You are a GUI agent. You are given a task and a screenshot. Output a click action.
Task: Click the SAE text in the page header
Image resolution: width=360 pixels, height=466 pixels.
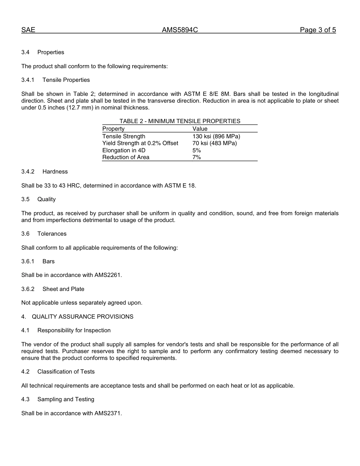pyautogui.click(x=28, y=30)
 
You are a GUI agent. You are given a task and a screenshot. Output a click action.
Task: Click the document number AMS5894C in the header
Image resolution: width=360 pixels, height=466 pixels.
pyautogui.click(x=180, y=30)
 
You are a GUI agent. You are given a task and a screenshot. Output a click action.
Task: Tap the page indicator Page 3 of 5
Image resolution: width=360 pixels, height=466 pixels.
pyautogui.click(x=318, y=30)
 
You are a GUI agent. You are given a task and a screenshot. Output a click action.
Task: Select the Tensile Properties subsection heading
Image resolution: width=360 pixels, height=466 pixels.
pyautogui.click(x=66, y=80)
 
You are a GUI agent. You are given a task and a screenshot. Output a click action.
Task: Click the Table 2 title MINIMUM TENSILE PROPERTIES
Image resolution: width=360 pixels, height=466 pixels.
pyautogui.click(x=180, y=121)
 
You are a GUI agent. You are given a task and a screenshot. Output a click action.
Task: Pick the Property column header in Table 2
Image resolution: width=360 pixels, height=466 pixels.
pyautogui.click(x=113, y=129)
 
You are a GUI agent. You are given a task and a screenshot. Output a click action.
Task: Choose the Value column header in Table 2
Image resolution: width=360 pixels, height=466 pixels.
pyautogui.click(x=200, y=129)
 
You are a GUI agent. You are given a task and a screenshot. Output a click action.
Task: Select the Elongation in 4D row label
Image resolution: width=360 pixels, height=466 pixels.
pyautogui.click(x=124, y=150)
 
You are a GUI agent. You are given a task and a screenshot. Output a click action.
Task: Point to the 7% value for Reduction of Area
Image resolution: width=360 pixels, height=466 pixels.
pyautogui.click(x=196, y=157)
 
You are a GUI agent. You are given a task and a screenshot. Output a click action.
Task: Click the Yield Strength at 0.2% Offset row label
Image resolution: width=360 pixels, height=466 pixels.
pyautogui.click(x=140, y=143)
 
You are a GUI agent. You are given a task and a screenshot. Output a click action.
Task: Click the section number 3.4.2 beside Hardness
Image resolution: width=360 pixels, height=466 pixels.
pyautogui.click(x=28, y=172)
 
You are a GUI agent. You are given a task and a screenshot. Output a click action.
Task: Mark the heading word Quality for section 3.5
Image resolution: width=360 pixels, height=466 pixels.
pyautogui.click(x=46, y=199)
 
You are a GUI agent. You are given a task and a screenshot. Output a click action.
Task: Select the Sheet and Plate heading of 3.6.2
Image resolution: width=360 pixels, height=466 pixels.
pyautogui.click(x=63, y=289)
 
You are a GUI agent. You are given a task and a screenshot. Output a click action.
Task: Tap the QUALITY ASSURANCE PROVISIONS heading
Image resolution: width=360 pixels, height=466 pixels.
pyautogui.click(x=82, y=317)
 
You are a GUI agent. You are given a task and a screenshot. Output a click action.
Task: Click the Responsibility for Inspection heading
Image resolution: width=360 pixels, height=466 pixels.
pyautogui.click(x=74, y=330)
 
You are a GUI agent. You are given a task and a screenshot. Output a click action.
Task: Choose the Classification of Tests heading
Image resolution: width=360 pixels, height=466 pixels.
pyautogui.click(x=66, y=372)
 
